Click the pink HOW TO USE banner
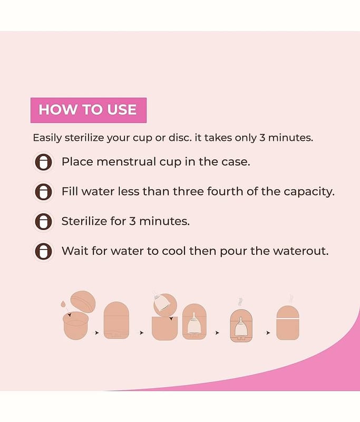tap(89, 110)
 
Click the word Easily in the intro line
tap(47, 138)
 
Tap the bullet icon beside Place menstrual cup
tap(43, 162)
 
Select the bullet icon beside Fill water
tap(43, 191)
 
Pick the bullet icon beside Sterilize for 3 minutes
tap(43, 222)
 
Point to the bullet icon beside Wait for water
tap(43, 251)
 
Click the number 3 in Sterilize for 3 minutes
tap(132, 221)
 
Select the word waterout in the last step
tap(300, 251)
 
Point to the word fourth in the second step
tap(225, 191)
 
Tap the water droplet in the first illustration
tap(63, 304)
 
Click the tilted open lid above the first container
tap(83, 301)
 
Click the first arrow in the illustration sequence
tap(97, 333)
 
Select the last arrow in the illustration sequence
tap(268, 333)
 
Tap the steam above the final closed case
tap(291, 299)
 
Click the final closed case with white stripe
tap(288, 322)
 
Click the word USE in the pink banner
tap(122, 110)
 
